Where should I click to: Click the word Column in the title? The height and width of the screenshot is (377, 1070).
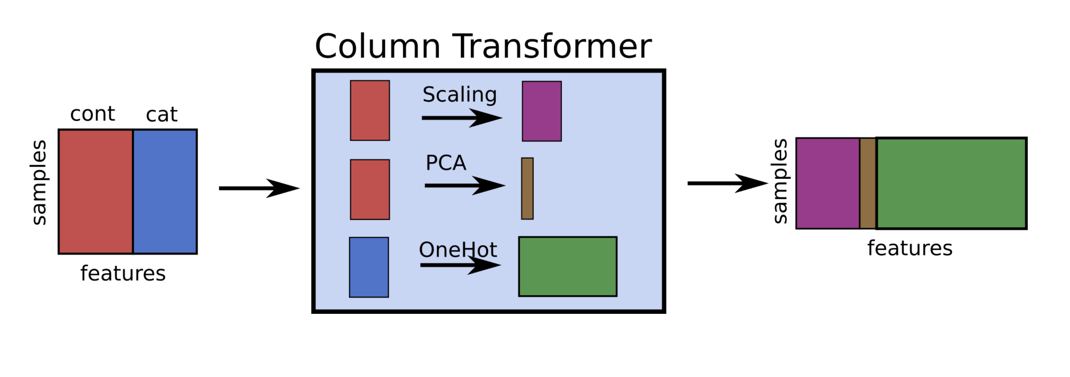coord(378,47)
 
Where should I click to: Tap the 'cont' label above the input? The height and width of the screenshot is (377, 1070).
coord(93,114)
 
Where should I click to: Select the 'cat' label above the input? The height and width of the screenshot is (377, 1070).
coord(161,115)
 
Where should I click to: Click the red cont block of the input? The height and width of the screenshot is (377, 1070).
coord(96,192)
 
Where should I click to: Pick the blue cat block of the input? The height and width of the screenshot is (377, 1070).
coord(165,192)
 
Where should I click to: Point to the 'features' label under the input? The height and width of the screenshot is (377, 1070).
coord(123,273)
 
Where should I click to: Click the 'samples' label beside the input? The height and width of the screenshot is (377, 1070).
coord(39,182)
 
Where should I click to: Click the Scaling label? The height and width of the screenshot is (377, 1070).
coord(460,94)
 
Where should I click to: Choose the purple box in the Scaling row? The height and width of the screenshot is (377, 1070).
coord(542,111)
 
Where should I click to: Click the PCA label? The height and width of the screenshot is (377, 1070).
coord(446,163)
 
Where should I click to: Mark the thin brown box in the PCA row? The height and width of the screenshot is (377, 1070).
coord(527,188)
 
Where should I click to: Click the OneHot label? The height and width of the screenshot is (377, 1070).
coord(458,250)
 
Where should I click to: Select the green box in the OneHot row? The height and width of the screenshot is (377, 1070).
coord(568,267)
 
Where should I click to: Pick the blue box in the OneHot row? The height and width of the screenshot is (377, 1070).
coord(369,268)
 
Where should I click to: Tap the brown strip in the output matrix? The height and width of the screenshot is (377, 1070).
coord(868,183)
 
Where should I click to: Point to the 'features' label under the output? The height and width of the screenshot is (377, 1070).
coord(910,248)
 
